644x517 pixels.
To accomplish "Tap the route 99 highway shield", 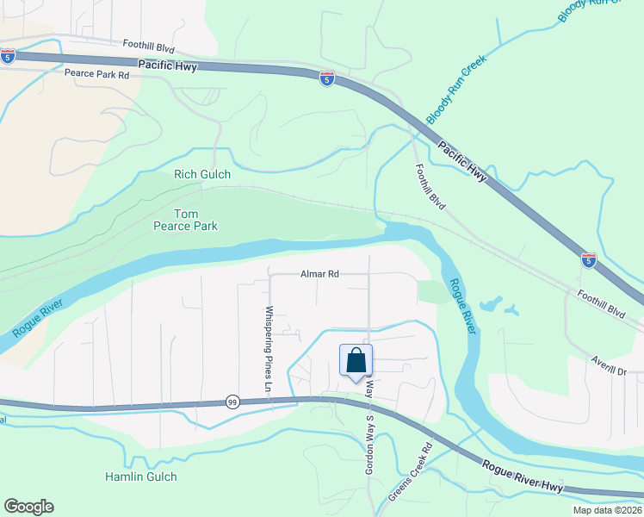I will [232, 402].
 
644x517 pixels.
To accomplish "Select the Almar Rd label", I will [319, 274].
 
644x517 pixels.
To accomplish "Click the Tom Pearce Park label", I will [185, 220].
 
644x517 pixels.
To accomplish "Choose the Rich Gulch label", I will [202, 174].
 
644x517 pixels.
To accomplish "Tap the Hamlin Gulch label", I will [140, 477].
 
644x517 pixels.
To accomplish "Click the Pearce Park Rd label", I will [96, 74].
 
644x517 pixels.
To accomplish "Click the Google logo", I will [28, 507].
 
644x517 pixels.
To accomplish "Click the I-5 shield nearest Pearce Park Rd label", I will [7, 56].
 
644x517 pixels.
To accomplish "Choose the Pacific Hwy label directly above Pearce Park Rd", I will [166, 65].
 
